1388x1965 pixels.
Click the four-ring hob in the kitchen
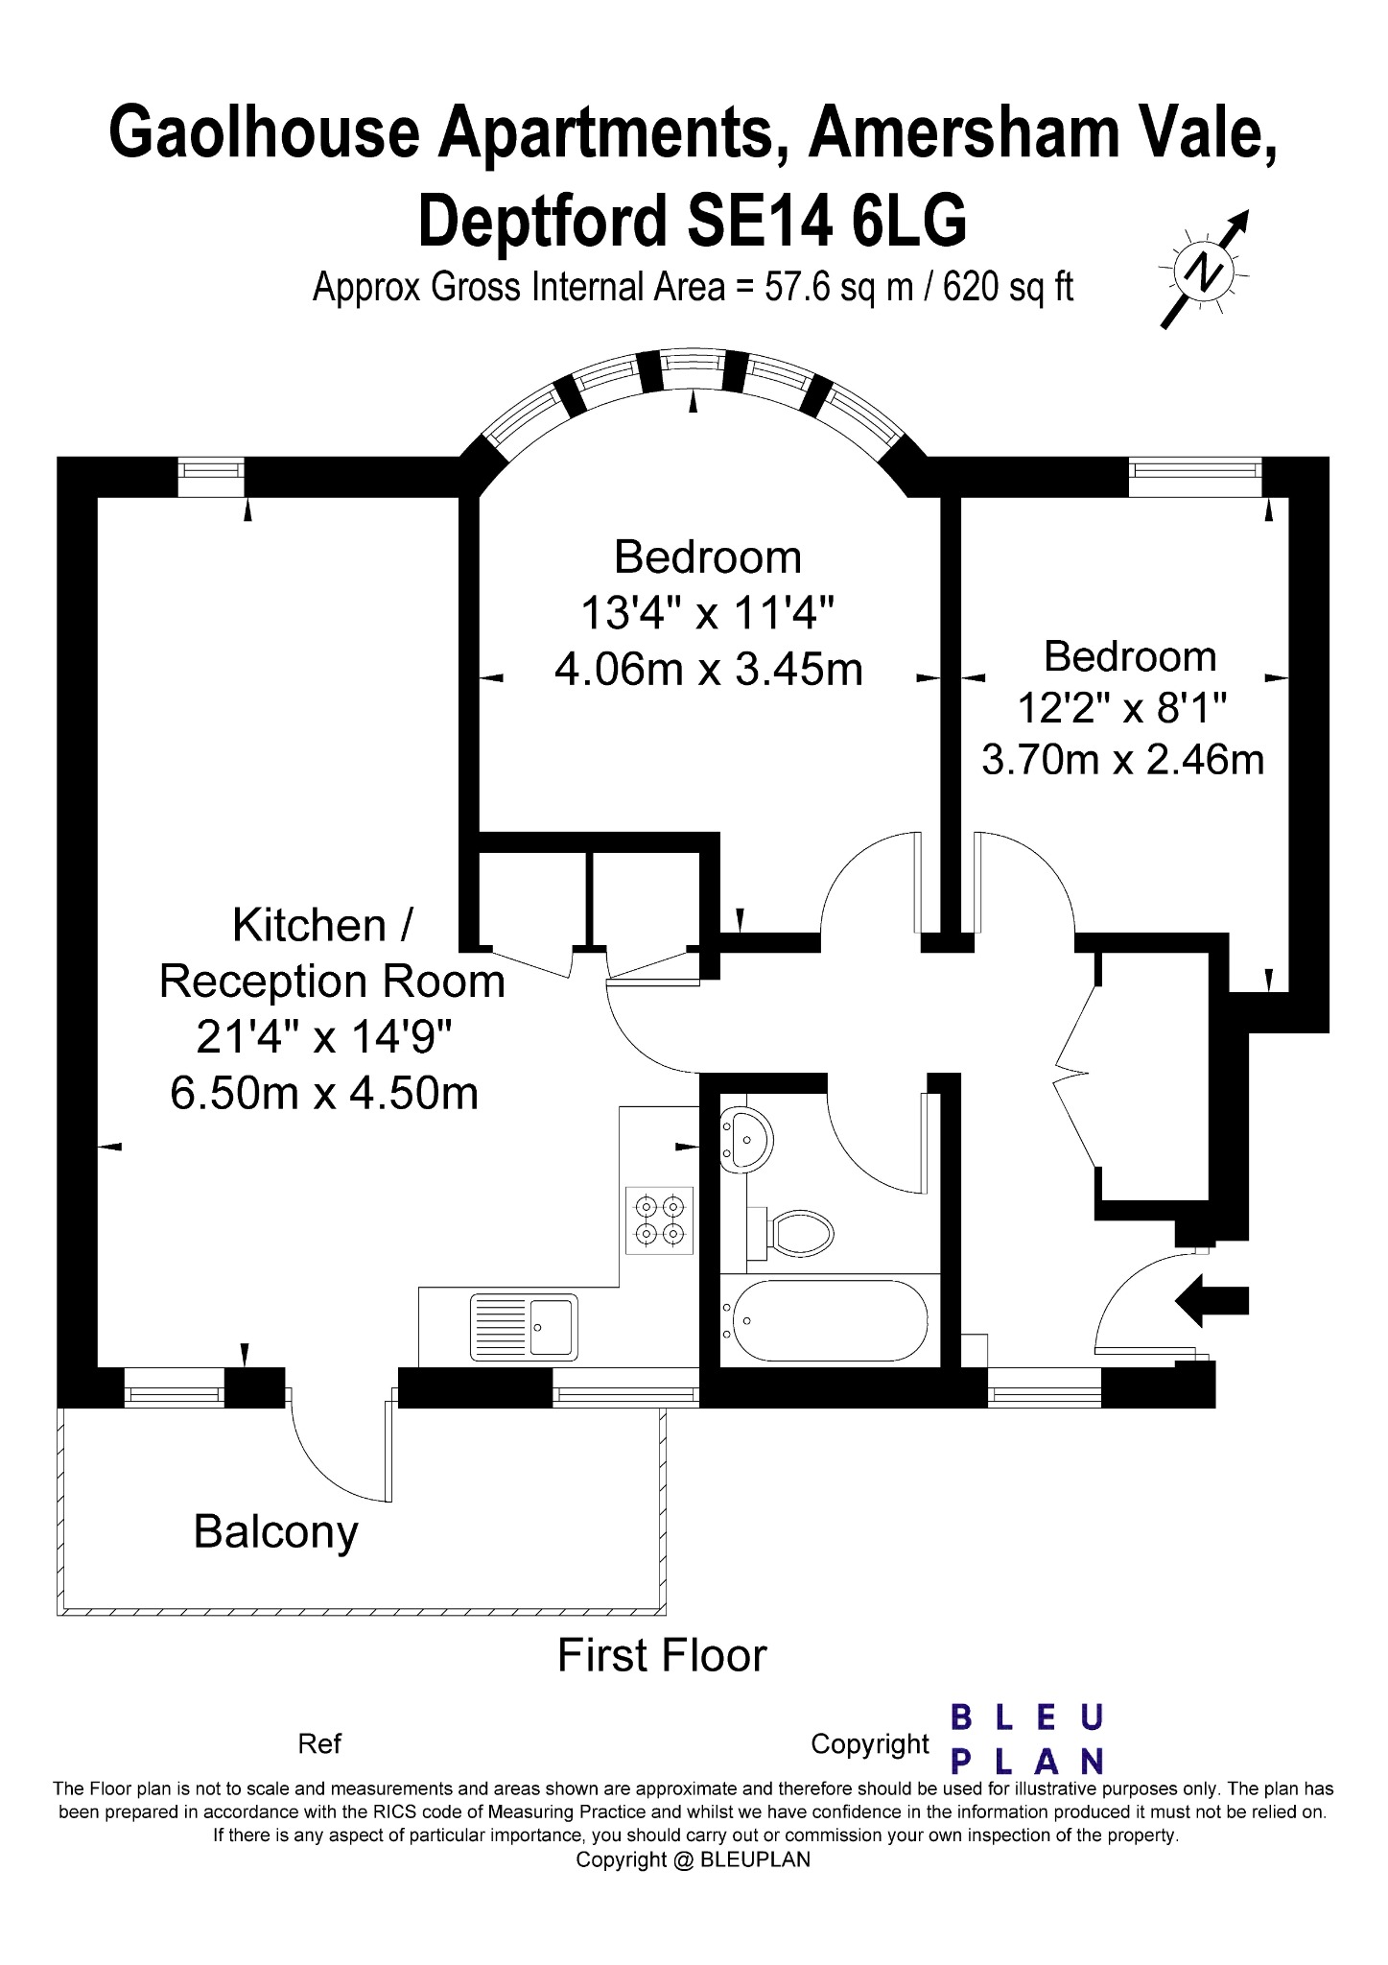(660, 1219)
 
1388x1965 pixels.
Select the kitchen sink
(524, 1327)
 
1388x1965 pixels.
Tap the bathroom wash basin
(744, 1138)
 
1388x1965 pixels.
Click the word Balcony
(275, 1531)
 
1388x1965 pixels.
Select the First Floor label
(662, 1656)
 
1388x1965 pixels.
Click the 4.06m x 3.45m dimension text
(708, 669)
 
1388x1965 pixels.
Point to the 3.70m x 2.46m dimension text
(1122, 759)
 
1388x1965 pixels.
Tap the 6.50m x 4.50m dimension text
(324, 1092)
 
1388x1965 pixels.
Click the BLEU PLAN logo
(1026, 1738)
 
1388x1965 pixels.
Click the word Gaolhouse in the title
(265, 133)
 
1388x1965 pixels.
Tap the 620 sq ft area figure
(1008, 287)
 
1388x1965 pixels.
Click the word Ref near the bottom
(319, 1743)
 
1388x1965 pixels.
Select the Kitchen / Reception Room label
(331, 953)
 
